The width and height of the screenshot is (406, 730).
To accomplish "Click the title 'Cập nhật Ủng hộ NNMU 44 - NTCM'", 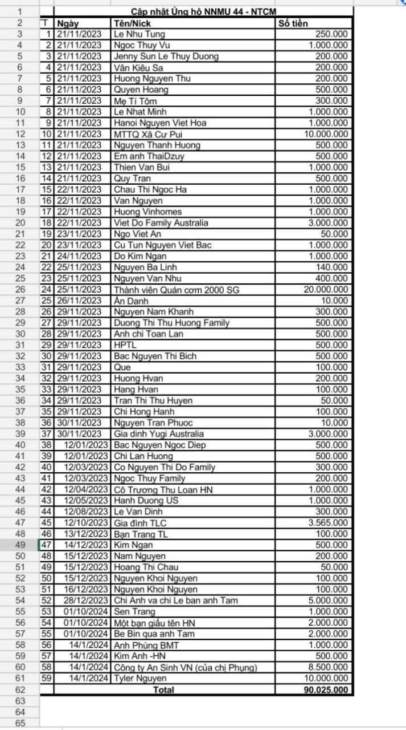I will [203, 11].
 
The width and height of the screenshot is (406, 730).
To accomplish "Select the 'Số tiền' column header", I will [293, 23].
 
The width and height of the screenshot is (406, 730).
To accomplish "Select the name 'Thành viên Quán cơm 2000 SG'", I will [176, 290].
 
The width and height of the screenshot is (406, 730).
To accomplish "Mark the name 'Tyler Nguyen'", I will [140, 678].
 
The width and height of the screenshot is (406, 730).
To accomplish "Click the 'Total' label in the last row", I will [163, 690].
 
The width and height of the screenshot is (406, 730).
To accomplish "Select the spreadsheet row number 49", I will [20, 545].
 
